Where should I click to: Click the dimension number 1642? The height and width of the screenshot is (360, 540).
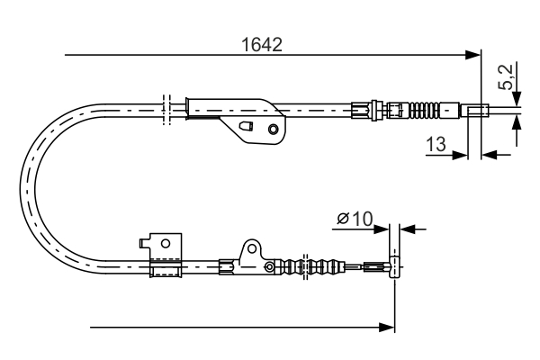(260, 42)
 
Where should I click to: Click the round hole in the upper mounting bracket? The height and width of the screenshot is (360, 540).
(274, 129)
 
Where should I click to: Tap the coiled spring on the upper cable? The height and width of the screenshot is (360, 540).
(427, 112)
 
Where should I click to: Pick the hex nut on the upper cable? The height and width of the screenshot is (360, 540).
(362, 112)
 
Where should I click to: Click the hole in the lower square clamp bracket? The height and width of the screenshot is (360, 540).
(164, 241)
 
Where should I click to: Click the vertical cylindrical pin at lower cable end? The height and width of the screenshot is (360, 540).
(392, 266)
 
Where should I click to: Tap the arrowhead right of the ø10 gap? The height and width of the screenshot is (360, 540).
(404, 229)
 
